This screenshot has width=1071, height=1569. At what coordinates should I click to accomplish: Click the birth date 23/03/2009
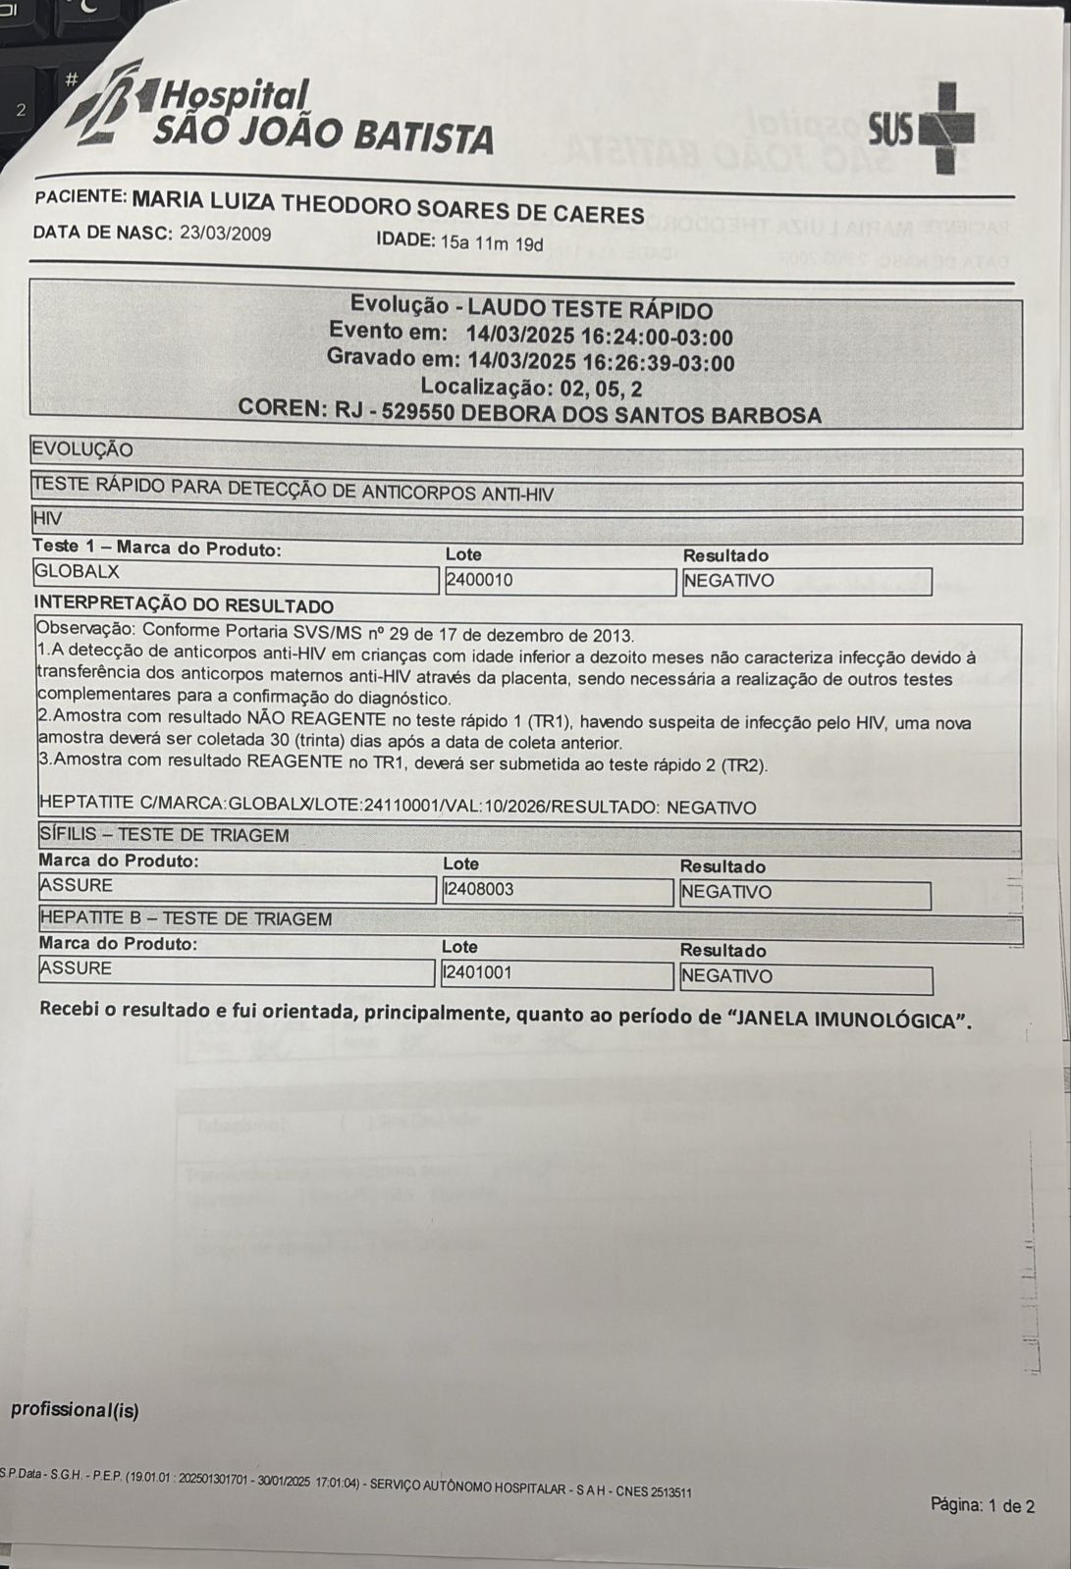[226, 235]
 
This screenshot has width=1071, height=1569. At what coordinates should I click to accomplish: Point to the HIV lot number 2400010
[480, 580]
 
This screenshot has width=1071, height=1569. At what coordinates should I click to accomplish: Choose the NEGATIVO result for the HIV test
[728, 581]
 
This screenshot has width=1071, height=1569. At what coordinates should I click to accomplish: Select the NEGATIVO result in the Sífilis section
[726, 893]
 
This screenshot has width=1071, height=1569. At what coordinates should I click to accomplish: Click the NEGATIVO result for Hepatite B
[726, 976]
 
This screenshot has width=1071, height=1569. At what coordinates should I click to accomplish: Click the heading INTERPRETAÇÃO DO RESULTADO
[184, 605]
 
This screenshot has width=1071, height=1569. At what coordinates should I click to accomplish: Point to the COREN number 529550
[416, 413]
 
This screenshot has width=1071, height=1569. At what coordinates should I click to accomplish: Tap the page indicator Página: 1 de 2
[982, 1505]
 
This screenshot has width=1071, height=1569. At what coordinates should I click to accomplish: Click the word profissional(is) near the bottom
[75, 1411]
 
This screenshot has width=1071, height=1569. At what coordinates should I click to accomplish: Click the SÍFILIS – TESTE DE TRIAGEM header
[165, 835]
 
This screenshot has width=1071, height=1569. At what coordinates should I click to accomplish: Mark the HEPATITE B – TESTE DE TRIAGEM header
[186, 919]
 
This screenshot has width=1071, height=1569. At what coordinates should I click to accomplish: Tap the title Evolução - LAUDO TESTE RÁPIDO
[531, 310]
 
